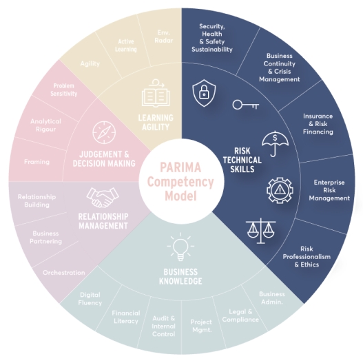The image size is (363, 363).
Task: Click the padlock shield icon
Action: [204, 93]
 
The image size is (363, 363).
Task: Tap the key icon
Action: [245, 105]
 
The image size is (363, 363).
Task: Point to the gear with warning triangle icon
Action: [280, 190]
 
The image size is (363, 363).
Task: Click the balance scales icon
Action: [261, 231]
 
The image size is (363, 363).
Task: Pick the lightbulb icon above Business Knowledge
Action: [180, 247]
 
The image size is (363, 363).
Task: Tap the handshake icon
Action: [103, 198]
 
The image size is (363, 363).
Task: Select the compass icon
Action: [104, 132]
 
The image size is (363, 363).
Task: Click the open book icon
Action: [156, 93]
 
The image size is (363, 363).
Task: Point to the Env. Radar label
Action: [164, 37]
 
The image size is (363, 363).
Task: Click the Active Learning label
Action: [126, 45]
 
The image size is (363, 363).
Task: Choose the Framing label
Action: [37, 162]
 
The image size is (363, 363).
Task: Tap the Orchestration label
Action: [64, 273]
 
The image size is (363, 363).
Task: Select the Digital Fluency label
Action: [90, 299]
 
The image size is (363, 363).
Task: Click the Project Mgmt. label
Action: [201, 326]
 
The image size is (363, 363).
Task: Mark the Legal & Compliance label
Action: [240, 315]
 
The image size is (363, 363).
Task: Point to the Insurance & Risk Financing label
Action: [318, 124]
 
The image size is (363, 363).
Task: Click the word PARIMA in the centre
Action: [180, 167]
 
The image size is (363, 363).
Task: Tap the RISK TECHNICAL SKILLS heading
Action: [242, 160]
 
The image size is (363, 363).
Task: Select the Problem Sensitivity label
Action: [64, 90]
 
